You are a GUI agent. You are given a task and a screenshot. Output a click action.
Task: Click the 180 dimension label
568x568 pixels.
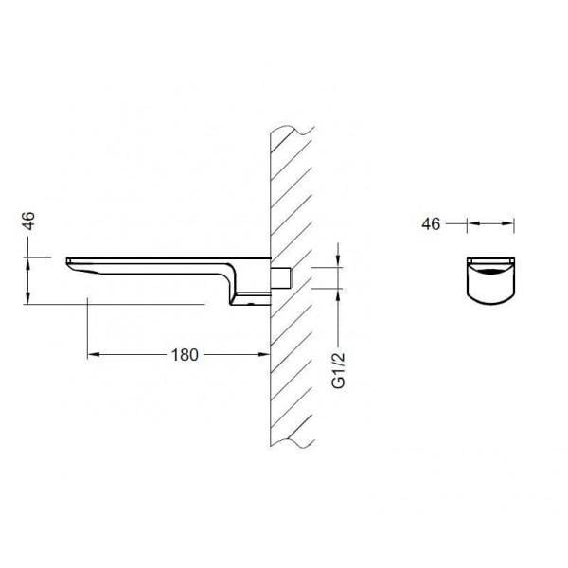[185, 355]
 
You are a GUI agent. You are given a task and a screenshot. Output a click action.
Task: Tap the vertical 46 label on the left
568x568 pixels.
[28, 221]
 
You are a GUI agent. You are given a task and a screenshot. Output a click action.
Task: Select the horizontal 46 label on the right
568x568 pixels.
[431, 223]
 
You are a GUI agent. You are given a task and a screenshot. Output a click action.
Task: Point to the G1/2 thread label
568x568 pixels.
[339, 370]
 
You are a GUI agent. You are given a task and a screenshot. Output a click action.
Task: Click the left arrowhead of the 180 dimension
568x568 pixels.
[93, 354]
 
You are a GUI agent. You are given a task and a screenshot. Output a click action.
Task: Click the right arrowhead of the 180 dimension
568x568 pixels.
[264, 354]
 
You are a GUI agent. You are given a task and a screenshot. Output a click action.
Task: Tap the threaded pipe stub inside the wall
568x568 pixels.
[281, 277]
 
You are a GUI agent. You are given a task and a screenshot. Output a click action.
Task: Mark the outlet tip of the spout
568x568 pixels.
[67, 261]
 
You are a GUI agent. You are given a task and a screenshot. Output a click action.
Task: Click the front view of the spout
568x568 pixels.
[490, 281]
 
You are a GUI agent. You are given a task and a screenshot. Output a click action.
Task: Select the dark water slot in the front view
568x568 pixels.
[490, 272]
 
